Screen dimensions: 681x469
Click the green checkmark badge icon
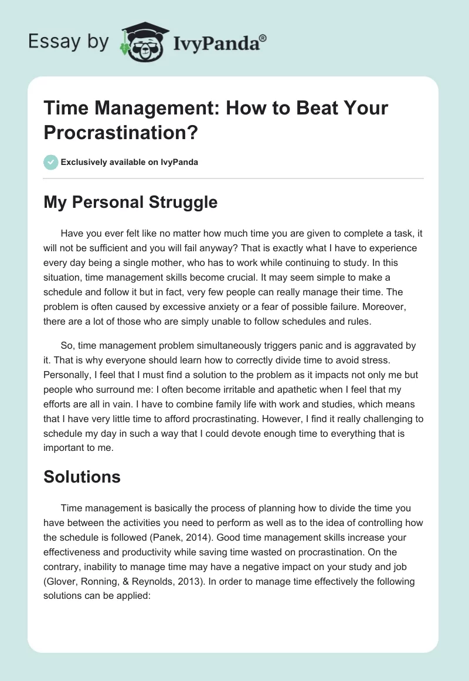(51, 162)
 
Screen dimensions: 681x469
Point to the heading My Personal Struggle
(130, 203)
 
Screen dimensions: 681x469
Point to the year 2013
(196, 567)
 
